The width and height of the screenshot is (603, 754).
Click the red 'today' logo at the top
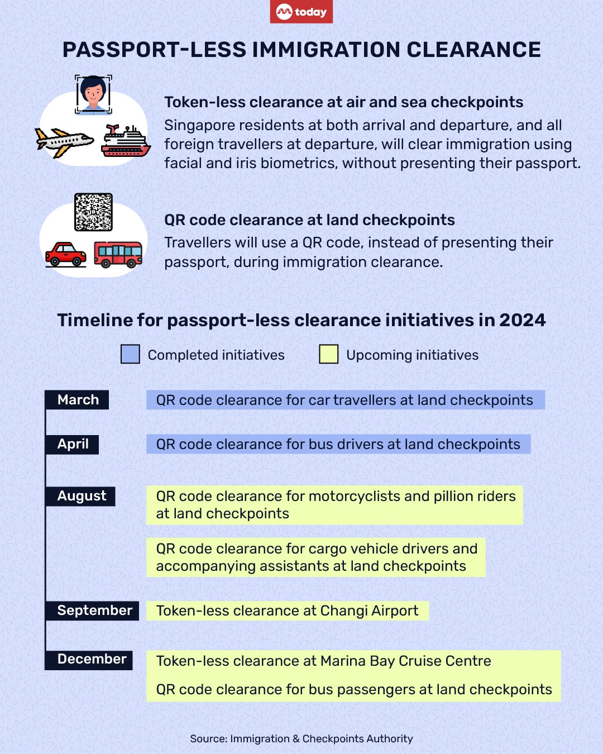pyautogui.click(x=301, y=12)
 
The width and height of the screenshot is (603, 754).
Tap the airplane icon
pyautogui.click(x=64, y=142)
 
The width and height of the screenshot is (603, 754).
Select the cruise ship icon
pyautogui.click(x=126, y=141)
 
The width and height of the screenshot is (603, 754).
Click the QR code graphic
pyautogui.click(x=93, y=212)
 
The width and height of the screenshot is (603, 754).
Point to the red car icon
pyautogui.click(x=66, y=255)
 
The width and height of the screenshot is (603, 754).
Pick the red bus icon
pyautogui.click(x=118, y=255)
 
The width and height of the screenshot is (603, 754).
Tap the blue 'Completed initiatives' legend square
pyautogui.click(x=130, y=354)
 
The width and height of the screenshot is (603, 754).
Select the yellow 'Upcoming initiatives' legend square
pyautogui.click(x=328, y=354)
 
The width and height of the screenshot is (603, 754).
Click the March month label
pyautogui.click(x=78, y=400)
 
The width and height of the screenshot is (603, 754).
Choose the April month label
pyautogui.click(x=73, y=444)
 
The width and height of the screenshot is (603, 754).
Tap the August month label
pyautogui.click(x=82, y=496)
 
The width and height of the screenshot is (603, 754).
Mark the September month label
pyautogui.click(x=94, y=610)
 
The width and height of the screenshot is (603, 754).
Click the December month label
pyautogui.click(x=92, y=659)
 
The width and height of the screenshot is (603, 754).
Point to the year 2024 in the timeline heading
pyautogui.click(x=522, y=320)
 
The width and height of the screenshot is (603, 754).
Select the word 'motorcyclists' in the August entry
pyautogui.click(x=354, y=496)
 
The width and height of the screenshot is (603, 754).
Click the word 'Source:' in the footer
pyautogui.click(x=208, y=738)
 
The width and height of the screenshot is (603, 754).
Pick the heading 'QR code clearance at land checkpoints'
pyautogui.click(x=309, y=220)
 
